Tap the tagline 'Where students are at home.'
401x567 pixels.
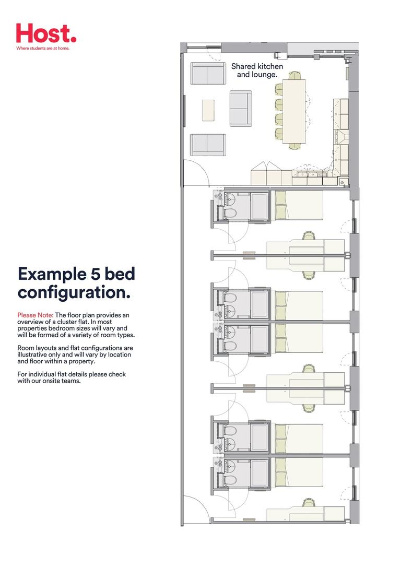43,48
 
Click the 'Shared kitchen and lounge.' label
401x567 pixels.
257,70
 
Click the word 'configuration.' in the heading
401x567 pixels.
74,292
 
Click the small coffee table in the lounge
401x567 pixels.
208,110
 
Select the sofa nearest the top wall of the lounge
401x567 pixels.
207,74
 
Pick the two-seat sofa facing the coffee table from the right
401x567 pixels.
241,109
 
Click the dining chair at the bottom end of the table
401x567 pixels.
294,146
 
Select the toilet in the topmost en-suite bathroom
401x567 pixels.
230,211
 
